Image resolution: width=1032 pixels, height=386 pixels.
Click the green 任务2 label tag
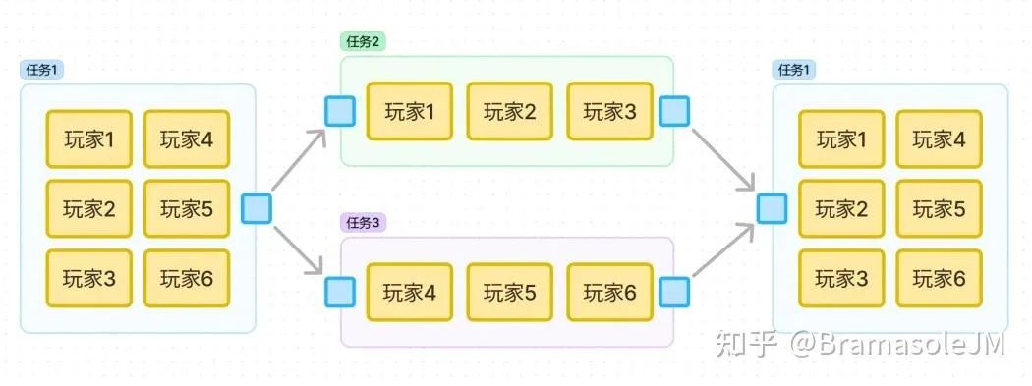362,41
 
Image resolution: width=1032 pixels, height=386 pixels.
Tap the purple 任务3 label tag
362,222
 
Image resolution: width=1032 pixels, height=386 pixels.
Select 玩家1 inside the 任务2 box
409,111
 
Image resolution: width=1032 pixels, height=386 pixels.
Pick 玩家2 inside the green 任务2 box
509,111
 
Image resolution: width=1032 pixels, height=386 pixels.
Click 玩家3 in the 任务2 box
609,111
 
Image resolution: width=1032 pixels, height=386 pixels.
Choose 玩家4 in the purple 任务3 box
409,292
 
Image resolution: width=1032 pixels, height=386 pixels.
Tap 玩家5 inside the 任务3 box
509,292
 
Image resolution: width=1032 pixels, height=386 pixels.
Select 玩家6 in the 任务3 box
609,292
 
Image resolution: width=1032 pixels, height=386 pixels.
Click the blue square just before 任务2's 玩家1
339,111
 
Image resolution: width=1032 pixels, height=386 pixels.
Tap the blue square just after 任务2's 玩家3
674,111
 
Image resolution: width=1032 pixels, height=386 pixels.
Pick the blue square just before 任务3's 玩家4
339,292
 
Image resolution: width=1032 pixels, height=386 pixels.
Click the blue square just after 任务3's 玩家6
674,292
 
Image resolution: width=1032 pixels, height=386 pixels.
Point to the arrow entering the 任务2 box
299,158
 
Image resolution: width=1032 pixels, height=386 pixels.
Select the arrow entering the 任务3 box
299,250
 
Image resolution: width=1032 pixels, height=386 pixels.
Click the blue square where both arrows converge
772,208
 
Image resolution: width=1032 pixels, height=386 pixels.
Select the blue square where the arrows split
256,208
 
